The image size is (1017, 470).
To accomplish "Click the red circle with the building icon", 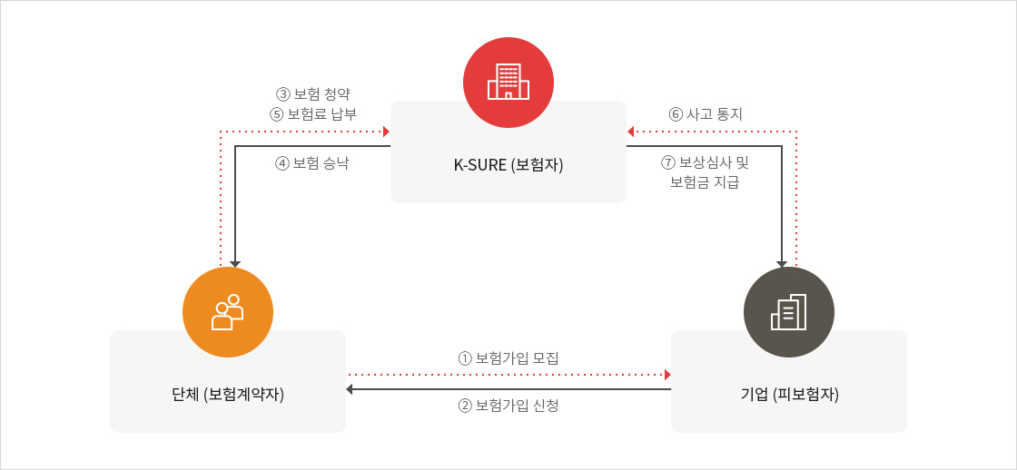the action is click(x=508, y=83).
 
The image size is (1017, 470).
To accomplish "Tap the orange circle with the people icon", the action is click(x=228, y=312).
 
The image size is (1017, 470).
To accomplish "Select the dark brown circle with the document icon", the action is click(x=789, y=312).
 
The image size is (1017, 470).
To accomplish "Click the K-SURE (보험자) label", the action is click(x=508, y=164).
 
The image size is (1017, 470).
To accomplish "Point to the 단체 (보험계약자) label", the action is click(x=228, y=394).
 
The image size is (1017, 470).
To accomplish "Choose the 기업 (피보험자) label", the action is click(x=789, y=394).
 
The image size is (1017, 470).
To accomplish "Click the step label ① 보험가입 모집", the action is click(x=508, y=357).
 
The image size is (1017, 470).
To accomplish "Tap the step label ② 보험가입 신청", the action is click(x=508, y=406).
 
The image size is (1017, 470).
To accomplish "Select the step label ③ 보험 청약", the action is click(x=313, y=94).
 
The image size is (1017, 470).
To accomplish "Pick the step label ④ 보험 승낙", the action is click(x=312, y=163).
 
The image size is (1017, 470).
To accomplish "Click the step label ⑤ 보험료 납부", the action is click(x=313, y=114).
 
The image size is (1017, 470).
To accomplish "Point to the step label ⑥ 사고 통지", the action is click(x=706, y=114).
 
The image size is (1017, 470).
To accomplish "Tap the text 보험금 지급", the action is click(x=705, y=182).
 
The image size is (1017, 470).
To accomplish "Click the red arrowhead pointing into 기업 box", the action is click(x=666, y=375).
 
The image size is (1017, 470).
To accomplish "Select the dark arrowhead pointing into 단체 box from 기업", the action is click(x=350, y=389).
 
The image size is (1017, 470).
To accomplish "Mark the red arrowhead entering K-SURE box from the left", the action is click(x=386, y=132).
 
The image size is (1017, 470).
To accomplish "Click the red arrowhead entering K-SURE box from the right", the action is click(x=630, y=132).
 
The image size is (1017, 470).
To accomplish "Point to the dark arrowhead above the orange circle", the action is click(x=235, y=264).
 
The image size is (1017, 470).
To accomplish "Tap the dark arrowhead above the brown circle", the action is click(x=782, y=264).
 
